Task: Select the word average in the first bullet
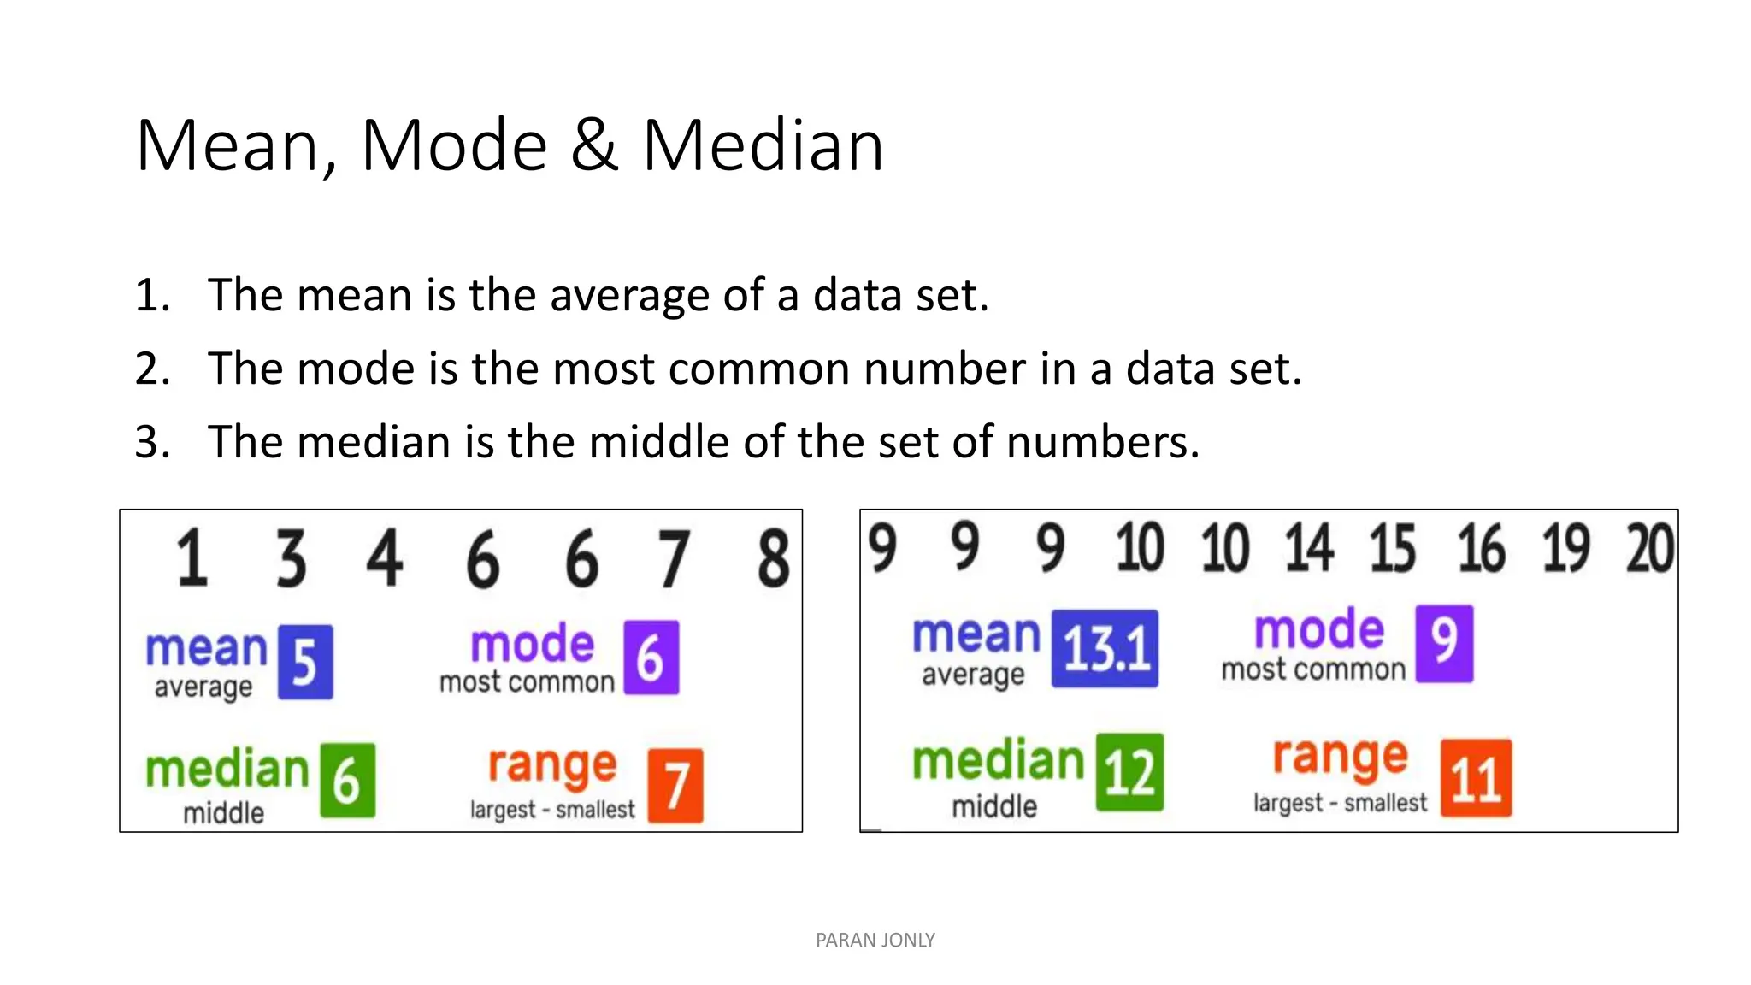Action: [629, 296]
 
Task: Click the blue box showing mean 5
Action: [305, 663]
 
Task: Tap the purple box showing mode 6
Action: [651, 658]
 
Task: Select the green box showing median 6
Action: [347, 780]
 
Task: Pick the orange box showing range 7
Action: [675, 785]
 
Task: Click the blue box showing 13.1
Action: [1105, 648]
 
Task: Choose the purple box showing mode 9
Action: [1444, 643]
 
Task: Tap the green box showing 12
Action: [1129, 772]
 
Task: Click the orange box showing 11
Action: [1476, 778]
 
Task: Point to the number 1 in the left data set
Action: [192, 558]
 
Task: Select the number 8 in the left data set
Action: [773, 558]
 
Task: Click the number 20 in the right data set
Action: [1649, 548]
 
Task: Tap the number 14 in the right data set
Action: [1308, 548]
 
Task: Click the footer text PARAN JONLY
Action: [875, 941]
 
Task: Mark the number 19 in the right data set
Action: [1565, 548]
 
